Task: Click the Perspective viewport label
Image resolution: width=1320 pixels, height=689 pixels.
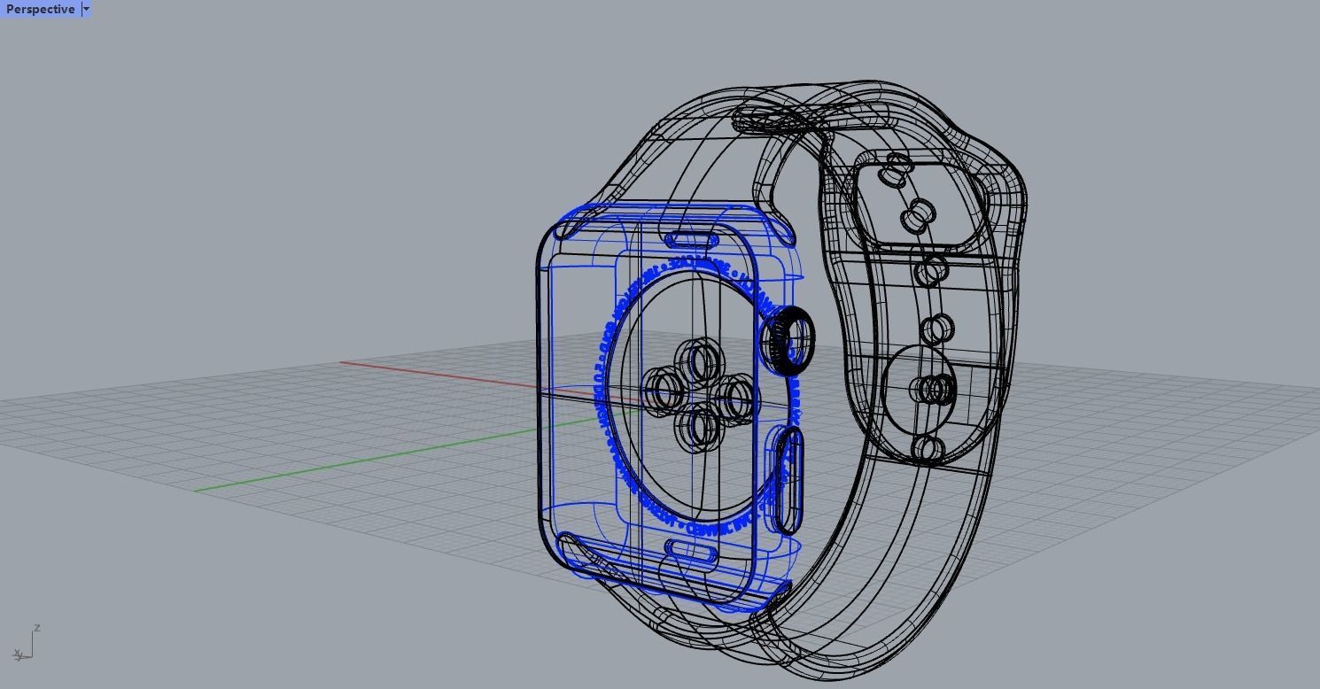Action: click(x=40, y=9)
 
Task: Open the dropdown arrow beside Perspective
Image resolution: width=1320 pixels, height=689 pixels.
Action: click(x=86, y=9)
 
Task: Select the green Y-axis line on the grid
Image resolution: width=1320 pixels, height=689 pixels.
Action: click(x=354, y=462)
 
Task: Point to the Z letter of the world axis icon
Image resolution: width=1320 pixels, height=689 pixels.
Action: click(x=36, y=628)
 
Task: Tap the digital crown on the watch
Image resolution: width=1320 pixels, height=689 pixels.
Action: click(x=788, y=340)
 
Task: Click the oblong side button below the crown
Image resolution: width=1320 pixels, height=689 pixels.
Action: click(x=788, y=479)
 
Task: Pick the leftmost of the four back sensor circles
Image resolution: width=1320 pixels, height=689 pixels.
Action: click(x=662, y=391)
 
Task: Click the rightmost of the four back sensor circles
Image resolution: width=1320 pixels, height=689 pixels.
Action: click(x=735, y=396)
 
